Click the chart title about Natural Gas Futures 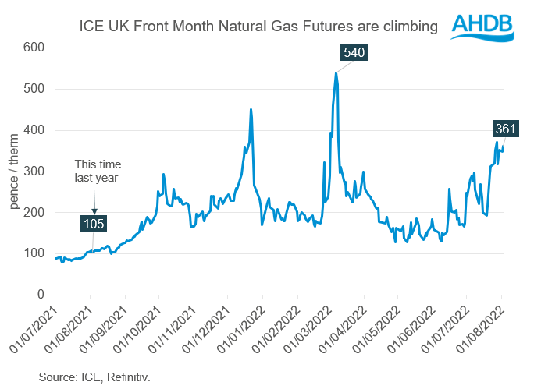click(x=258, y=27)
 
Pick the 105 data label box click(x=94, y=225)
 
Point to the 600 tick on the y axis click(x=34, y=48)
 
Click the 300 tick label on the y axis click(x=34, y=172)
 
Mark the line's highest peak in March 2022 click(x=336, y=73)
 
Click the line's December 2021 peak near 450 click(x=251, y=109)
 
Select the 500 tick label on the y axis click(x=34, y=90)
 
